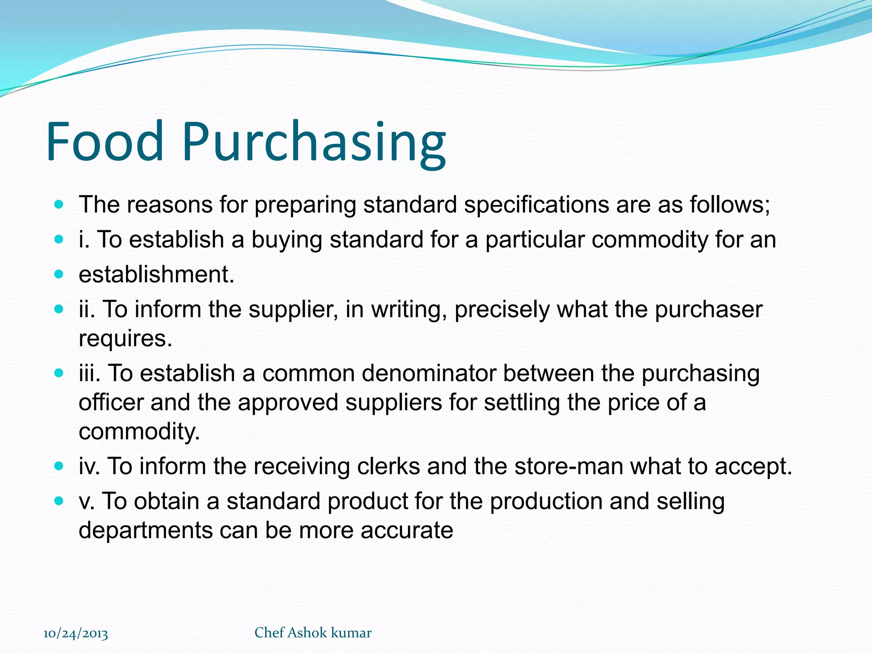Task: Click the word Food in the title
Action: point(105,141)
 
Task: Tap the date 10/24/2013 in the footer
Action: point(76,634)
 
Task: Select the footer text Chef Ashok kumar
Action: point(313,633)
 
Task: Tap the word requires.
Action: point(126,339)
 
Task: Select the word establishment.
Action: point(156,275)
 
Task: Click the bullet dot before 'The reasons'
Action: point(59,204)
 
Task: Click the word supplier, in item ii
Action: point(293,310)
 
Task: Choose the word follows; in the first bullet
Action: point(730,205)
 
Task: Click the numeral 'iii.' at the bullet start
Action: point(89,373)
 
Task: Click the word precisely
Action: point(502,310)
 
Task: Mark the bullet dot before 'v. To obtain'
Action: point(59,501)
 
